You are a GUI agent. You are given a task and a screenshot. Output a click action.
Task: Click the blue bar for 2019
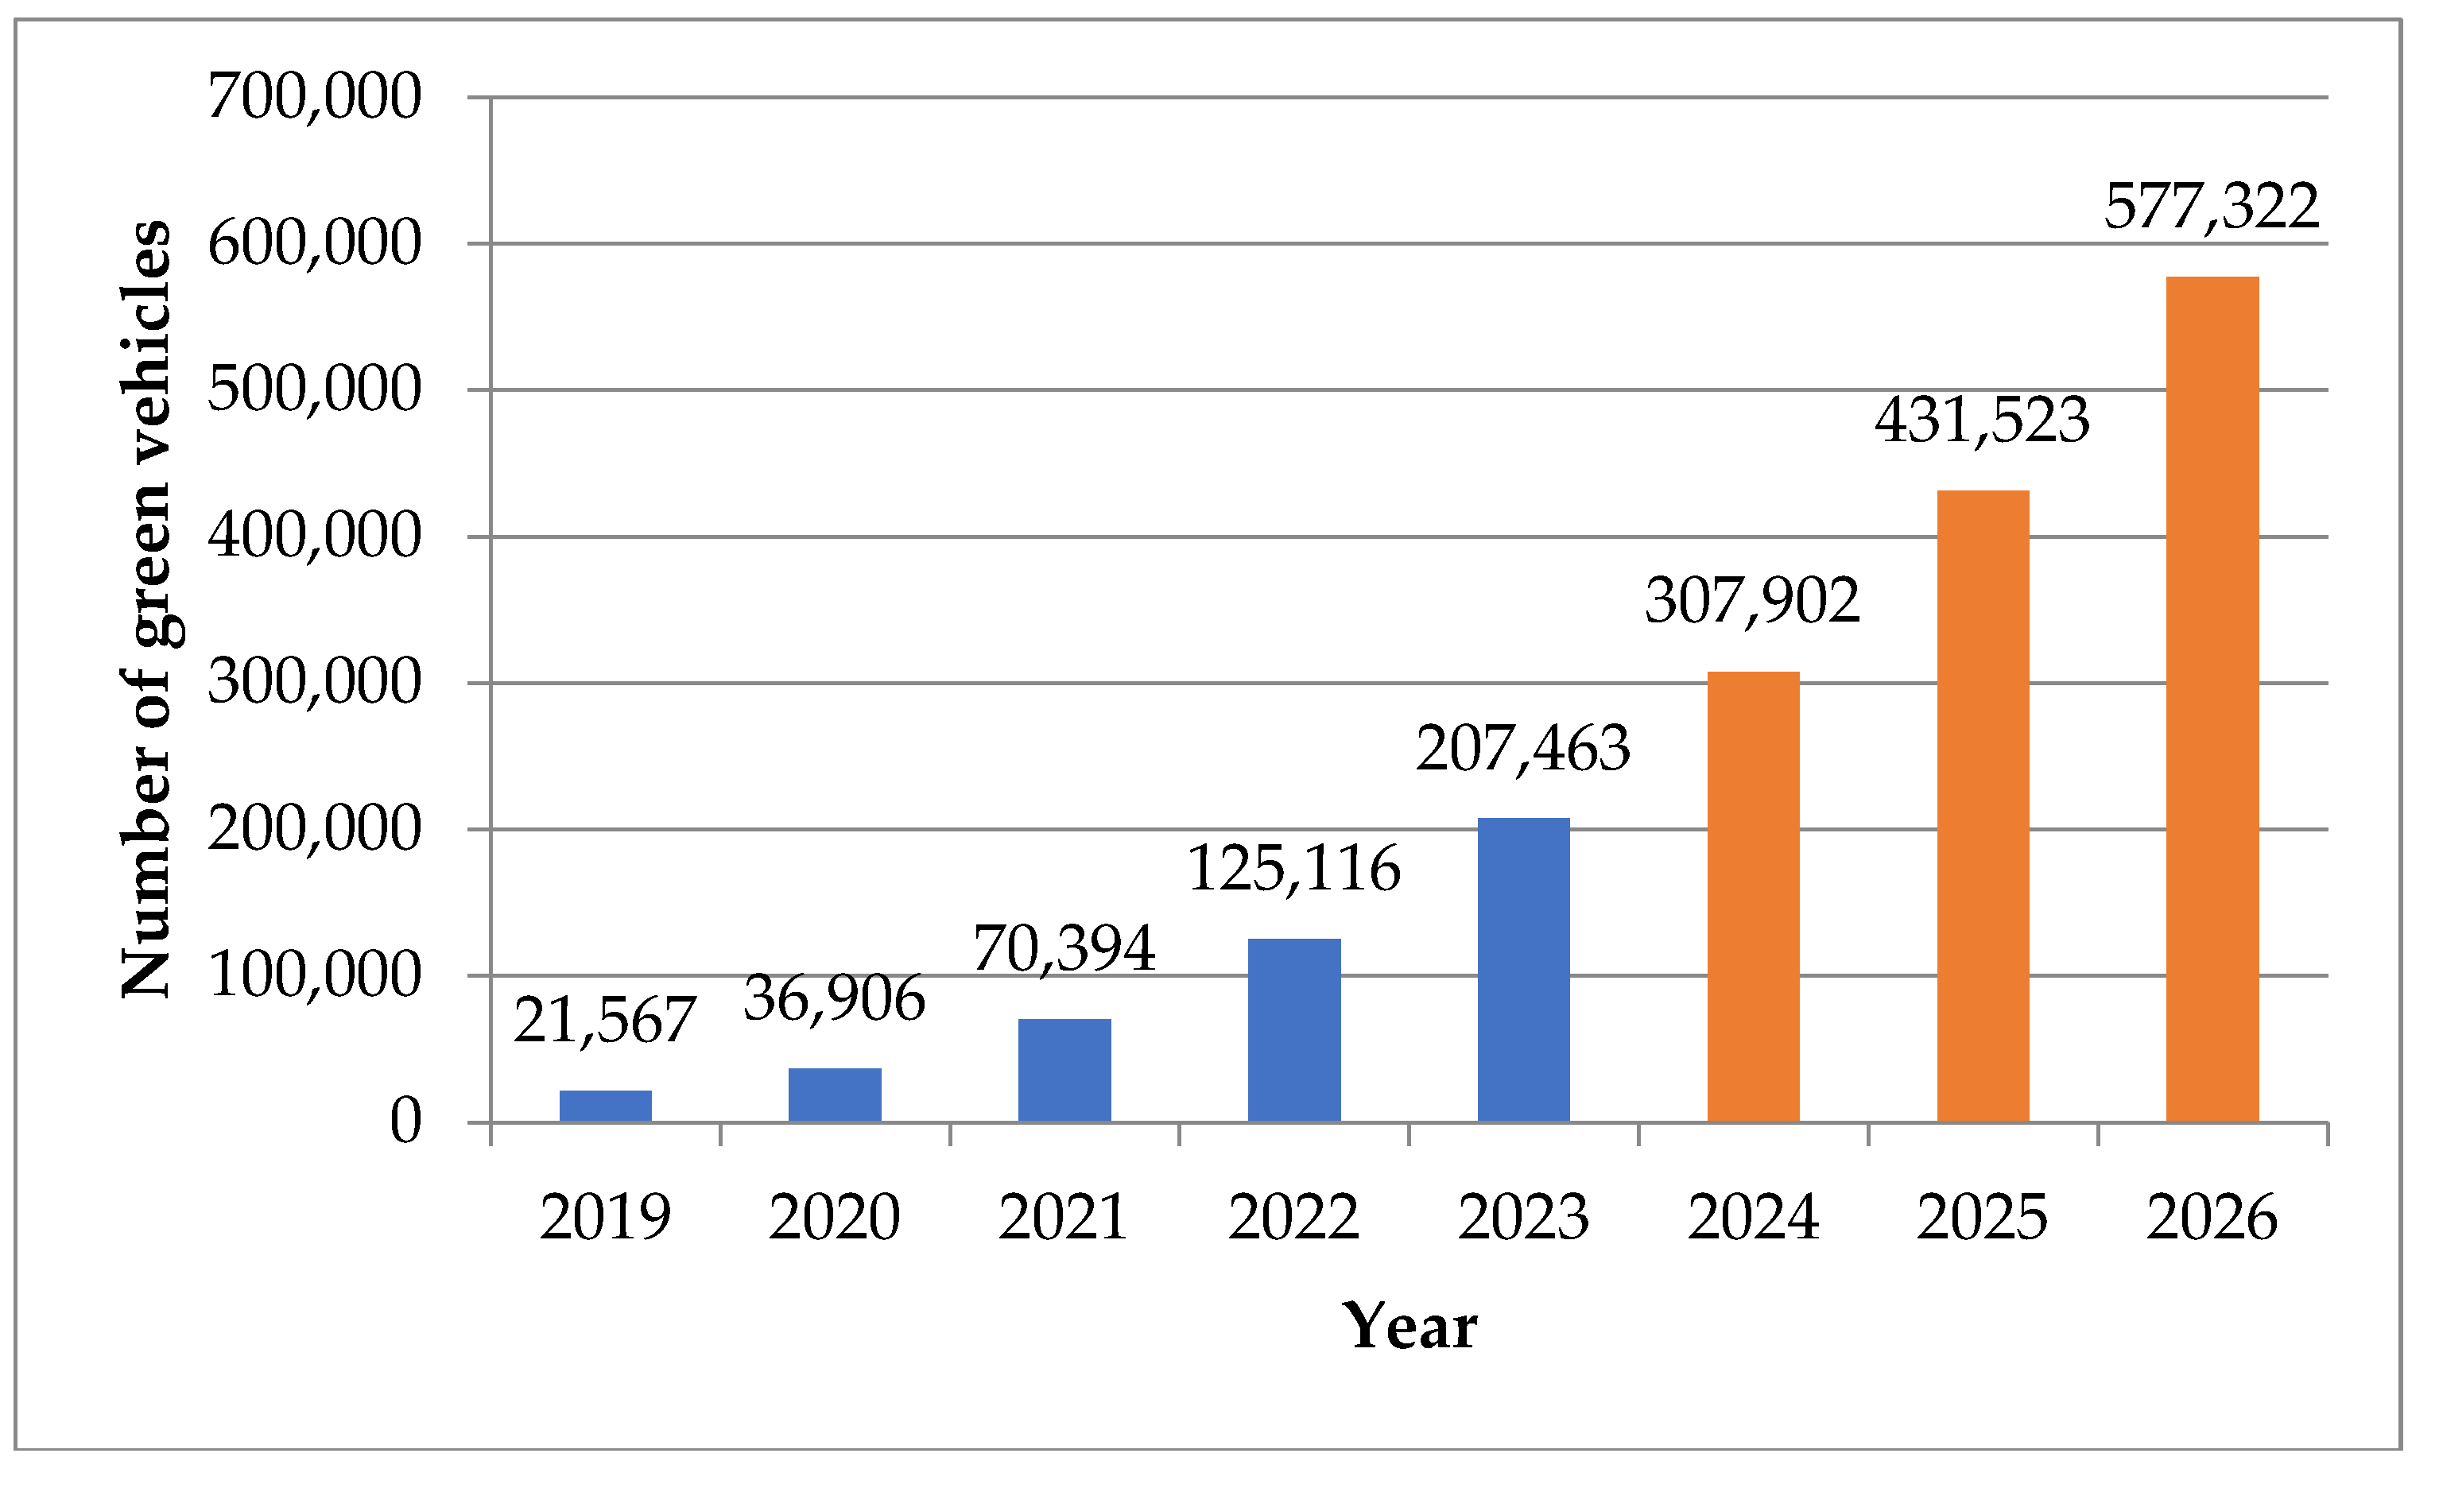605,1106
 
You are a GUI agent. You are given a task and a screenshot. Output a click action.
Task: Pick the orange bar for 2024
1753,896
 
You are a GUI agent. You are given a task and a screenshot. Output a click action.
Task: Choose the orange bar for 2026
2212,699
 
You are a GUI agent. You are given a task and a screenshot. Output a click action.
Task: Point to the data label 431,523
1982,420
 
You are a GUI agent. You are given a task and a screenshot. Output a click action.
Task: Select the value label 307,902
1752,601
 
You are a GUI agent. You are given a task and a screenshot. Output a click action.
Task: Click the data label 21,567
605,1021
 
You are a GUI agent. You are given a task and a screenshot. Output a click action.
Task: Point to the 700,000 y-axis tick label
315,97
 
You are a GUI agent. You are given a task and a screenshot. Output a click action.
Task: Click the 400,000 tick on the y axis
315,537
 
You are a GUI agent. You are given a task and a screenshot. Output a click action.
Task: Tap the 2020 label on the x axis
835,1217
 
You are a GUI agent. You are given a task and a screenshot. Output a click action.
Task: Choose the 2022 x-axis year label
1293,1217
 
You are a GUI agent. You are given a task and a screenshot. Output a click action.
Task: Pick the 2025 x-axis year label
1982,1217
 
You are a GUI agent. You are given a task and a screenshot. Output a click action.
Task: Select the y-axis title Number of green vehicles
146,609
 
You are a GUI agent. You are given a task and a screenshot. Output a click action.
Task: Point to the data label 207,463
1522,749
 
